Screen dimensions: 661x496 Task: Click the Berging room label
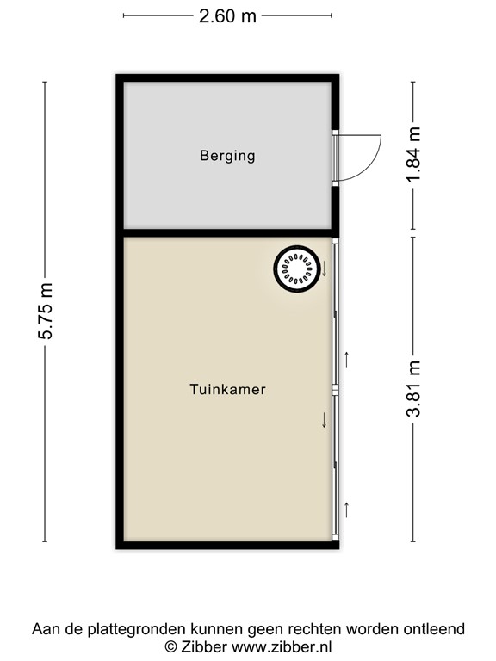(227, 156)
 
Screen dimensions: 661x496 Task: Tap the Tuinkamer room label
(227, 390)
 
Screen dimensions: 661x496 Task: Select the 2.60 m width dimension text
(227, 15)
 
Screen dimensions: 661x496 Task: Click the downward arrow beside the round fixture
(325, 269)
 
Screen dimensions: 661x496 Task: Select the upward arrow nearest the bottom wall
(346, 509)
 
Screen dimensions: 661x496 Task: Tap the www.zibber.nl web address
(281, 646)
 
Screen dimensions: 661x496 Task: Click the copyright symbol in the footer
(170, 646)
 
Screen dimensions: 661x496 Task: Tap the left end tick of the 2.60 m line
(124, 15)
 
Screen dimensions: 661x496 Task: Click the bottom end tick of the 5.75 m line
(45, 541)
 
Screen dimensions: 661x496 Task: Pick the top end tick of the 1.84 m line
(414, 83)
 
